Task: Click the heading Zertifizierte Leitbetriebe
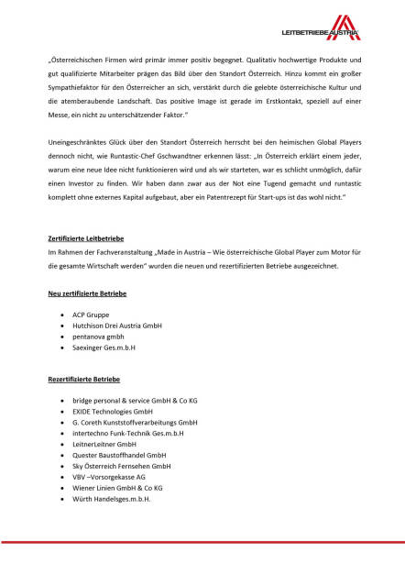(x=90, y=237)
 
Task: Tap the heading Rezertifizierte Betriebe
(x=84, y=379)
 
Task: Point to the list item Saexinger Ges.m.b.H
(x=104, y=348)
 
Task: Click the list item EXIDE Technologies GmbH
(x=113, y=412)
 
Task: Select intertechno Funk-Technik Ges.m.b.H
(x=128, y=434)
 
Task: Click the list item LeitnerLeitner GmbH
(x=104, y=444)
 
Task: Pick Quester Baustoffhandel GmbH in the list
(x=119, y=455)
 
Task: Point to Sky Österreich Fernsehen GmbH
(x=122, y=466)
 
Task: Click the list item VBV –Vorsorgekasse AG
(x=109, y=477)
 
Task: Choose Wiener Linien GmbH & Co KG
(x=117, y=488)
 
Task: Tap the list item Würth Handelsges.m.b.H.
(x=112, y=499)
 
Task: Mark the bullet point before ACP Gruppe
(x=61, y=315)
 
